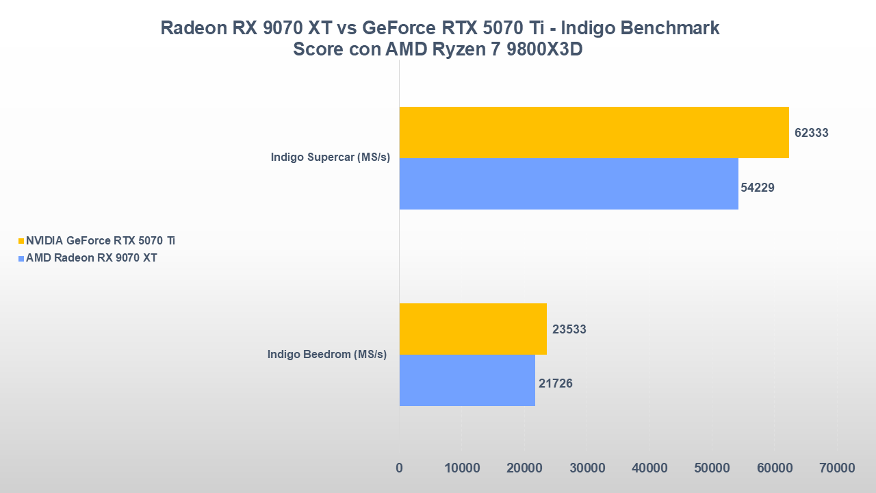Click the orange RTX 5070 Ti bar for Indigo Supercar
[x=593, y=132]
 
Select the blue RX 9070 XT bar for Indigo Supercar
[x=568, y=184]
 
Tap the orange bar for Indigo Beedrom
[x=472, y=329]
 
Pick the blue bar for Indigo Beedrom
[x=467, y=380]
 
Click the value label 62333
[x=812, y=133]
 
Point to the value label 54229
[x=758, y=187]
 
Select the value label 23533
[x=569, y=329]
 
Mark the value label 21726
[x=556, y=383]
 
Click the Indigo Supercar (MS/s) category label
[x=330, y=157]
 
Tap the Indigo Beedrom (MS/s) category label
[x=327, y=354]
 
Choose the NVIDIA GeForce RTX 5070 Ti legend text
[x=101, y=240]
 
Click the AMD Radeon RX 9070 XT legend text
[x=92, y=258]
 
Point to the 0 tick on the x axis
[x=399, y=468]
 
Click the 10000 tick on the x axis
[x=462, y=468]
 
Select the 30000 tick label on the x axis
[x=587, y=468]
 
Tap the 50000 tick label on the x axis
[x=712, y=468]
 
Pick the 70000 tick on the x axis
[x=838, y=468]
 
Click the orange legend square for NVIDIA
[x=21, y=241]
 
